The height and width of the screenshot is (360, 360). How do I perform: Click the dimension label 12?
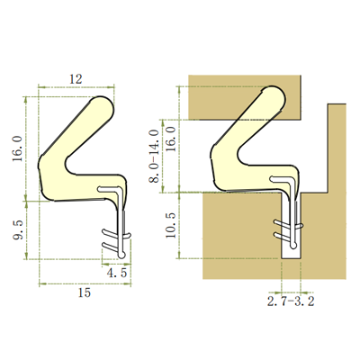tap(76, 79)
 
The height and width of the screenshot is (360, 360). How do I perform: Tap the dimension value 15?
tap(85, 292)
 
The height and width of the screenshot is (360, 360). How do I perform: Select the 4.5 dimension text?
tap(117, 274)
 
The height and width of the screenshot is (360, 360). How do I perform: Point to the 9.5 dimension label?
tap(18, 230)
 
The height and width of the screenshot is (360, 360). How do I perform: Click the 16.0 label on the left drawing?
tap(18, 148)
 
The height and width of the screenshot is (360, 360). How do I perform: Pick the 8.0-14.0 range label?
tap(154, 156)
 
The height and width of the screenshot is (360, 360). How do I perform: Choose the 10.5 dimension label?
tap(171, 226)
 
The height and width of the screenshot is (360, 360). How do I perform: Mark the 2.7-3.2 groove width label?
tap(291, 301)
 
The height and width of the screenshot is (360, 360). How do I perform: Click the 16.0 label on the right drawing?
tap(171, 139)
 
